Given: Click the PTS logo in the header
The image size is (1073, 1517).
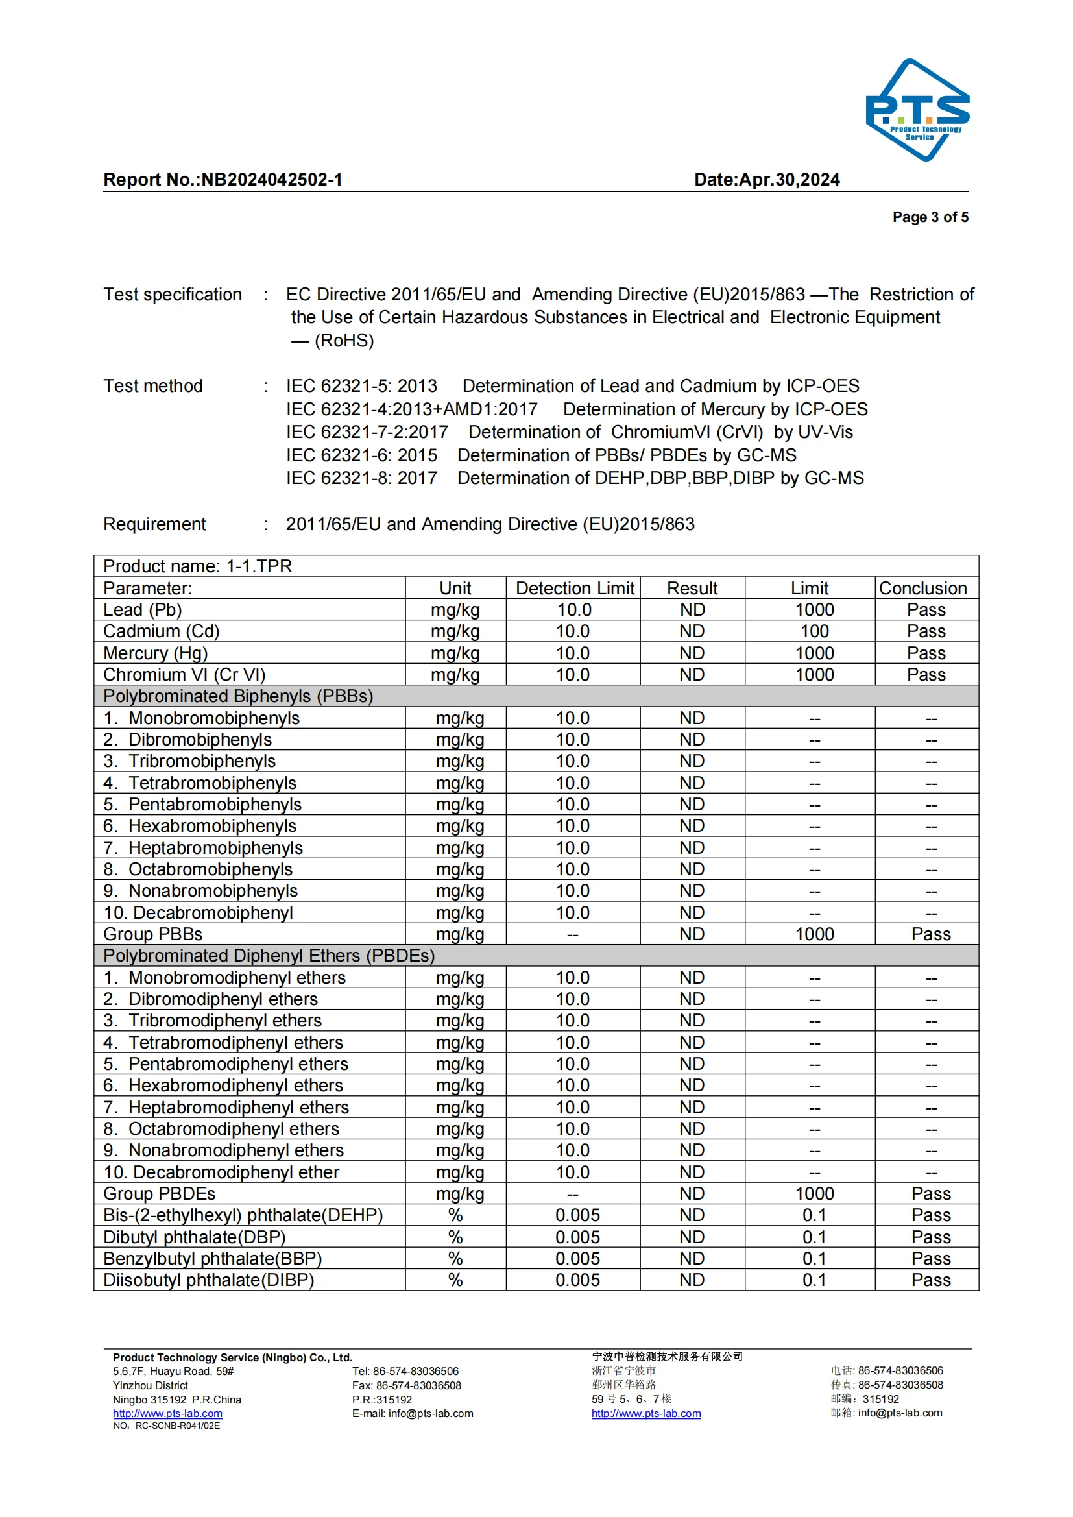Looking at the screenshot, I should [917, 110].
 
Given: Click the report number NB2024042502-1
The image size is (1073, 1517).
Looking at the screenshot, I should [272, 180].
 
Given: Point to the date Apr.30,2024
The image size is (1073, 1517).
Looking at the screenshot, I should [789, 180].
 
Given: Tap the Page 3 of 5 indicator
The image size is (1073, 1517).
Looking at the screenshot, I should [930, 217].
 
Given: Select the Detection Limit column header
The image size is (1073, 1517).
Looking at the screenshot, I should [574, 588].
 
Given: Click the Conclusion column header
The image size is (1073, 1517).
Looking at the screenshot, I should [922, 588].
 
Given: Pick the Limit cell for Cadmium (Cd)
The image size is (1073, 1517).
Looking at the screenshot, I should [814, 631].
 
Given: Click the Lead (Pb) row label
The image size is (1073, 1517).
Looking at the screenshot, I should [143, 610].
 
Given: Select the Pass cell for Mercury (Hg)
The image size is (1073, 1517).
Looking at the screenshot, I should [926, 653].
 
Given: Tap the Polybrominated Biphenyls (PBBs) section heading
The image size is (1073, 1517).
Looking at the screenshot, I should [238, 696].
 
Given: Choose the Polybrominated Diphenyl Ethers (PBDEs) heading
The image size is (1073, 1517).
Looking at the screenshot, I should [269, 955].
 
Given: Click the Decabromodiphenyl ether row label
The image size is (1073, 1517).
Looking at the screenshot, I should [221, 1172].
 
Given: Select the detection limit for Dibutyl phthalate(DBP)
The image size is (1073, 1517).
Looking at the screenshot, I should [577, 1237].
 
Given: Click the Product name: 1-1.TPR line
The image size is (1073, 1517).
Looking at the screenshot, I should [198, 566].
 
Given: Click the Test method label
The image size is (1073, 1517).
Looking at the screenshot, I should [152, 386].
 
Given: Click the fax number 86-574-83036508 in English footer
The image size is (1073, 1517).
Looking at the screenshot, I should [418, 1385].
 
